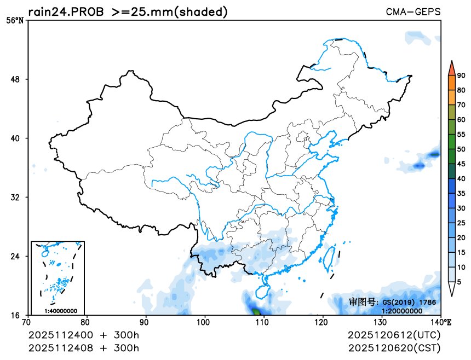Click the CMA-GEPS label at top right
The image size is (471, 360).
[413, 12]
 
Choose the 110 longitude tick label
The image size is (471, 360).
[264, 322]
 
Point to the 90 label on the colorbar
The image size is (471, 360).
[461, 76]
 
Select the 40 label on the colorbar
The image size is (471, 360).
[461, 178]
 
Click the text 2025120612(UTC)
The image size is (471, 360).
[394, 335]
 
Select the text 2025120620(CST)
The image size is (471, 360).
[394, 347]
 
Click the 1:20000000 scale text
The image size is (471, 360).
[401, 311]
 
